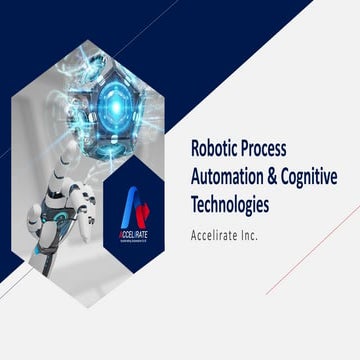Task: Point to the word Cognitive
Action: tap(315, 177)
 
